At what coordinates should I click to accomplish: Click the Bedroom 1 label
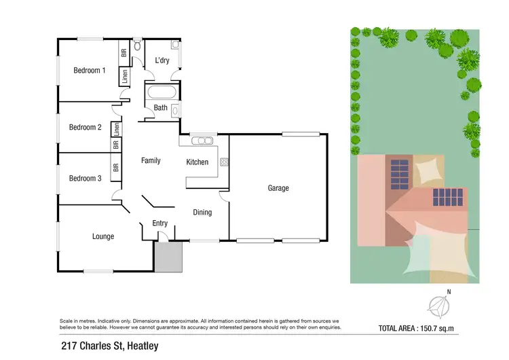90,70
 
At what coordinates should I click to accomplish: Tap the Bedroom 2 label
86,127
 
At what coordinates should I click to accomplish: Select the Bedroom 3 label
86,178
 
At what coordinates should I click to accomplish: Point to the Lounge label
103,236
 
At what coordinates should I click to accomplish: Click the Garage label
278,188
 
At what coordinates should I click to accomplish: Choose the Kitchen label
197,162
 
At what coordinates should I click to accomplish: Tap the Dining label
202,212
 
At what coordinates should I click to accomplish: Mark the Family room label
151,161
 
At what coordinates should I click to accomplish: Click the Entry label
159,223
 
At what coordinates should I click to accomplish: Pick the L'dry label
162,60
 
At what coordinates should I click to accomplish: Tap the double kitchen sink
202,141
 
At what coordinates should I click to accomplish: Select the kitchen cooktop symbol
223,162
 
